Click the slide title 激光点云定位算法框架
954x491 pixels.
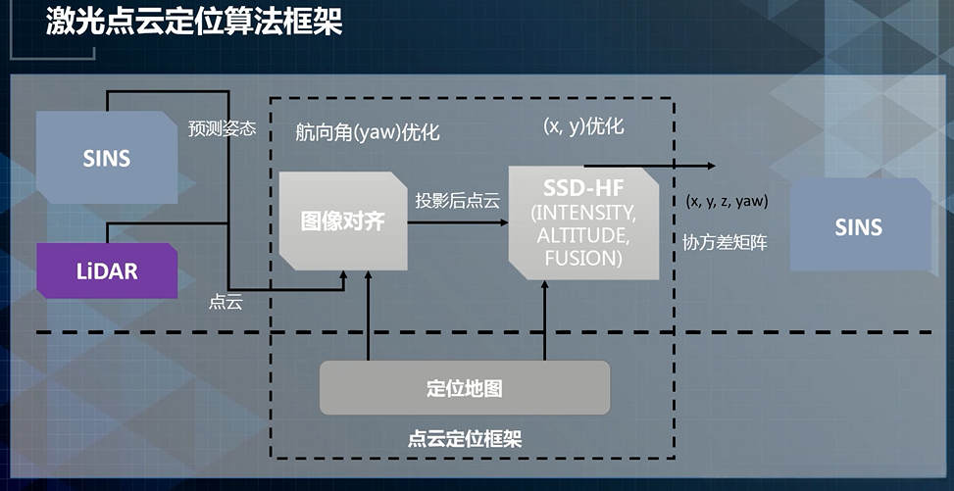(x=193, y=24)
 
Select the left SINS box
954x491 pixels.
(x=107, y=157)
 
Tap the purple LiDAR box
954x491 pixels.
(x=107, y=271)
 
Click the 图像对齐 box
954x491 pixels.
(x=342, y=221)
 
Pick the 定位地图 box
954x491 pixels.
(x=465, y=388)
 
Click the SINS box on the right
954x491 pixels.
(x=858, y=227)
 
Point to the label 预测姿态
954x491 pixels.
(x=222, y=128)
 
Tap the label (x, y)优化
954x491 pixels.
(x=583, y=126)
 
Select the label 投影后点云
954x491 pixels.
(x=457, y=202)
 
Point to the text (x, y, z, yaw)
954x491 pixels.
(x=727, y=201)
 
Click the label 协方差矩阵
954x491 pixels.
(x=725, y=242)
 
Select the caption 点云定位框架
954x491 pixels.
(x=465, y=438)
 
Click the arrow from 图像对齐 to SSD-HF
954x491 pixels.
(x=457, y=222)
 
